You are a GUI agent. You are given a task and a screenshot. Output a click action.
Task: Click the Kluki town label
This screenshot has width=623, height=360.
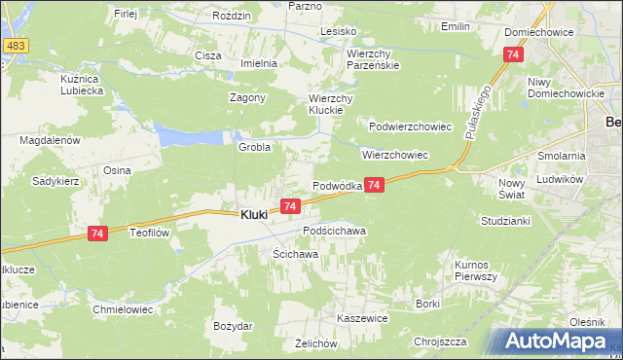click(x=254, y=215)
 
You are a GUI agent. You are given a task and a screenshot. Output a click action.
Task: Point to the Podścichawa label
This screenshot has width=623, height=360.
click(x=334, y=231)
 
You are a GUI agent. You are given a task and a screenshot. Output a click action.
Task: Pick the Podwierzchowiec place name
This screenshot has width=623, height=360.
click(x=411, y=126)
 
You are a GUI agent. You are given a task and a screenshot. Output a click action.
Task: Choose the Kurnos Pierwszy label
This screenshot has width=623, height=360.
click(x=476, y=270)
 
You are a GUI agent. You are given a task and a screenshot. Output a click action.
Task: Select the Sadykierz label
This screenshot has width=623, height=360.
click(x=55, y=181)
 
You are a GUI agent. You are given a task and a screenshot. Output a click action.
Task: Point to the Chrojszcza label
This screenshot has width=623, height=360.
click(x=440, y=342)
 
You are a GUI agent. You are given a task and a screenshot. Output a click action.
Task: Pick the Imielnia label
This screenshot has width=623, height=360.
click(x=260, y=63)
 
